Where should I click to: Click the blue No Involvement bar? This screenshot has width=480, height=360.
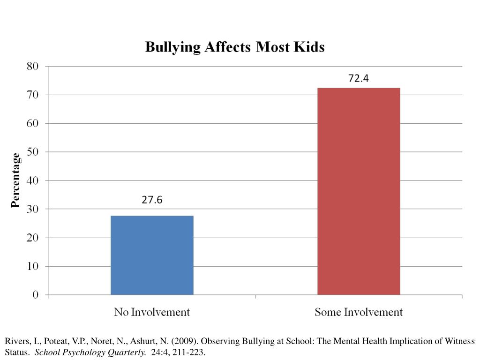tap(152, 255)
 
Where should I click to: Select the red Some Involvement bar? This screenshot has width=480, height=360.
tap(359, 191)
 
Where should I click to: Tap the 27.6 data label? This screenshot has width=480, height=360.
tap(152, 200)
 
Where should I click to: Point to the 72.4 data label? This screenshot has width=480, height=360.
tap(359, 79)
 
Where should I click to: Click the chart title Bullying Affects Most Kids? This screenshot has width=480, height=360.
tap(234, 47)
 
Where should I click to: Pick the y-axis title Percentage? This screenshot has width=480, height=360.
tap(16, 180)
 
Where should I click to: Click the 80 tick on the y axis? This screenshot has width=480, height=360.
tap(32, 66)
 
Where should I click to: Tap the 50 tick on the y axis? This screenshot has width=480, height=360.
tap(32, 152)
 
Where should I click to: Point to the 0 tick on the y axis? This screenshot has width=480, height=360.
tap(35, 295)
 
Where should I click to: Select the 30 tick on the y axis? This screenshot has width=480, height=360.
tap(32, 209)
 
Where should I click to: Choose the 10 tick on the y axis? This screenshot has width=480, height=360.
tap(32, 266)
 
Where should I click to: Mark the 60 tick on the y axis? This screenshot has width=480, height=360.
tap(32, 123)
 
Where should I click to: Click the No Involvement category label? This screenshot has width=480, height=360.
tap(152, 312)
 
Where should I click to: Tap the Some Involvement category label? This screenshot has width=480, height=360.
tap(359, 312)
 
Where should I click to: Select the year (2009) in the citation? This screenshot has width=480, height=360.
tap(189, 341)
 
